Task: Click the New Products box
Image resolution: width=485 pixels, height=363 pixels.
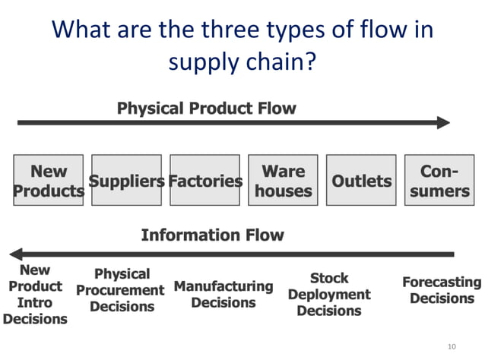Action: [49, 181]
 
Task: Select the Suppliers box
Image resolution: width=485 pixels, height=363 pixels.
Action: [126, 181]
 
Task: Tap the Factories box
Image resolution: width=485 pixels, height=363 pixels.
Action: [204, 181]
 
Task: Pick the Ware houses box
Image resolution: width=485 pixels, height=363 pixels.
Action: [283, 181]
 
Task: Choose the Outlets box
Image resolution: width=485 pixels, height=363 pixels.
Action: [361, 181]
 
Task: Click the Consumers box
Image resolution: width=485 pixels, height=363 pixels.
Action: [439, 181]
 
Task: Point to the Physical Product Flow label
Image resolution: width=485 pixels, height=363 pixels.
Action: [206, 109]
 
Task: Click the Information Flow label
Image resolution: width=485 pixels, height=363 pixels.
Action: [212, 235]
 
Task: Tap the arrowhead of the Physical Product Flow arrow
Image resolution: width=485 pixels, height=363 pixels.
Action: [443, 122]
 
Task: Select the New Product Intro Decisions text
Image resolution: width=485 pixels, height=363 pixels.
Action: [35, 295]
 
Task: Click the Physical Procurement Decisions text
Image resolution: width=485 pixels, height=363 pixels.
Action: [121, 290]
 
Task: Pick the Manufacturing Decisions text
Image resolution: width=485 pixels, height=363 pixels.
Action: [223, 295]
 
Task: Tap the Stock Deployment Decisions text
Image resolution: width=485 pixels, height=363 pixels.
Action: [329, 294]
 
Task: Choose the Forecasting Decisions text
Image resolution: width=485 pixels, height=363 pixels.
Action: [442, 290]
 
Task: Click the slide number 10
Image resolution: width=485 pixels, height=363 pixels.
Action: [452, 347]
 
